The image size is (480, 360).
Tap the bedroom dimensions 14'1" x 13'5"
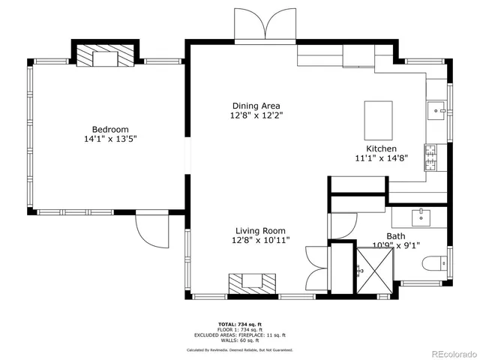[x=110, y=139]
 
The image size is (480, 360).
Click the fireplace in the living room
[x=252, y=282]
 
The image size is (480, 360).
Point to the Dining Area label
[x=256, y=106]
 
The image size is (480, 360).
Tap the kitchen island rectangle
[x=378, y=118]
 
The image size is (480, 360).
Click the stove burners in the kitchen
[x=431, y=157]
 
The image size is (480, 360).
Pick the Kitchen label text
[x=380, y=148]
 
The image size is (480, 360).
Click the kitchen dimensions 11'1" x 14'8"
[x=380, y=158]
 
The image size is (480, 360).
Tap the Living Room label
[x=260, y=231]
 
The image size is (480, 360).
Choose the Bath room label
[x=395, y=235]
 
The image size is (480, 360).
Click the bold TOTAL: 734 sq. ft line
[x=239, y=324]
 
